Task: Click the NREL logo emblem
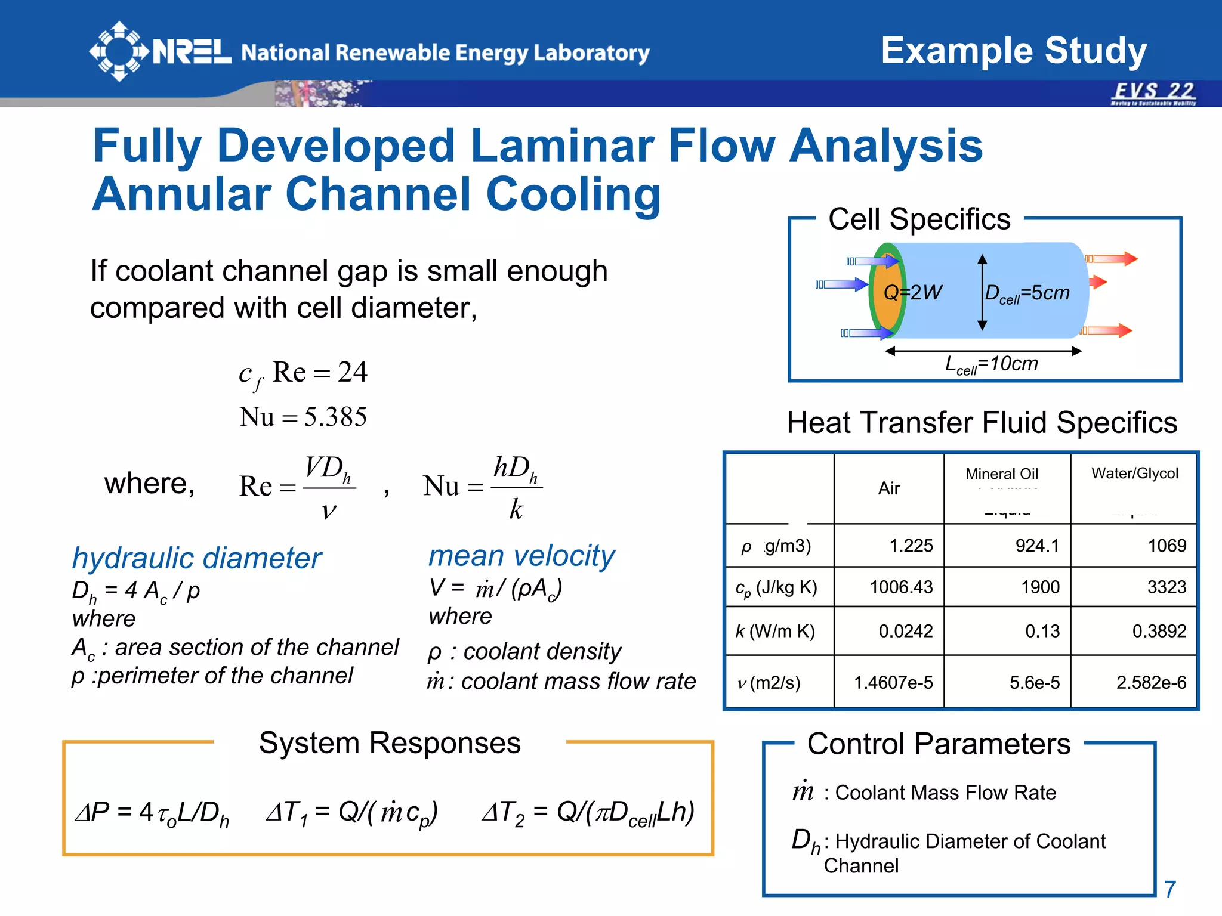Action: pos(119,51)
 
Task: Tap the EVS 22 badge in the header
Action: pos(1153,93)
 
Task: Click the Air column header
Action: pos(888,488)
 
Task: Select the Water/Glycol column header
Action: pos(1134,474)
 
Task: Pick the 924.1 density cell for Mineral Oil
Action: pos(1037,546)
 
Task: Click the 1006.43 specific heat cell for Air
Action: pos(901,587)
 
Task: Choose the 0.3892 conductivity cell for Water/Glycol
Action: pos(1159,631)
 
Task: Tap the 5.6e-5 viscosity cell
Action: pos(1034,683)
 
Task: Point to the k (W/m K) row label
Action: pos(775,631)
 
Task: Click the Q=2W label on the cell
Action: pos(912,292)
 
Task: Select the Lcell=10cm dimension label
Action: pos(992,364)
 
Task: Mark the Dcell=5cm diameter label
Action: pos(1027,293)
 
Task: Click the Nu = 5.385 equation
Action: pos(303,417)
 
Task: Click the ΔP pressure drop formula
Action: pos(152,813)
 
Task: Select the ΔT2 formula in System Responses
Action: pos(588,813)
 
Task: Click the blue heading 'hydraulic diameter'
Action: pos(197,558)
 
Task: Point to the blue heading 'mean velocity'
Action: pos(521,556)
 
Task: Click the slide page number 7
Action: pos(1170,889)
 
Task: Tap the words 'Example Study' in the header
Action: pos(1014,51)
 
